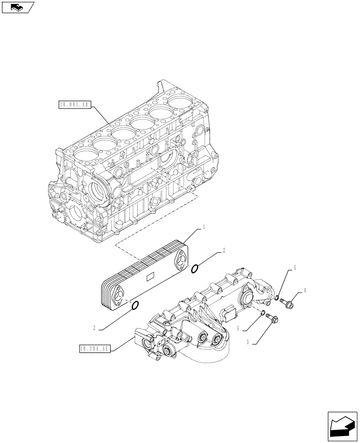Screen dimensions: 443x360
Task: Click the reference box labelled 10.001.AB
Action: (x=74, y=105)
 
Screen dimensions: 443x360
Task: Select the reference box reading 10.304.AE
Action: (x=94, y=348)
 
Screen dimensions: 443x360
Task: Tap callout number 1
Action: (x=203, y=227)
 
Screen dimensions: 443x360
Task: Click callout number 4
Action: (x=305, y=291)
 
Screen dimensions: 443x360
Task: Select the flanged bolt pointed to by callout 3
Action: (x=272, y=318)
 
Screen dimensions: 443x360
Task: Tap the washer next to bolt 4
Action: (x=277, y=298)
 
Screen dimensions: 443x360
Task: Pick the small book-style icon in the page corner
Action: (x=16, y=7)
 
